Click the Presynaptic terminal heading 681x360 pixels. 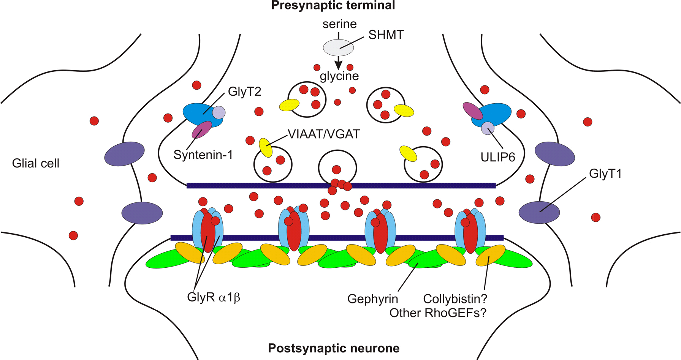333,6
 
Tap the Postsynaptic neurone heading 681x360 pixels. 334,348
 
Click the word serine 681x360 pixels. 339,24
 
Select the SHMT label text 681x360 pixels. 386,35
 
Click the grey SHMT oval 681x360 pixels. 338,48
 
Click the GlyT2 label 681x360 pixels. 244,92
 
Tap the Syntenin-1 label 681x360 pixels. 203,155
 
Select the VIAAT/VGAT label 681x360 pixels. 323,134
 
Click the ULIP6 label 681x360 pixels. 498,157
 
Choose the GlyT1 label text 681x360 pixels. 605,174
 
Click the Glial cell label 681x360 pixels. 36,163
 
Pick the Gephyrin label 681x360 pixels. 372,299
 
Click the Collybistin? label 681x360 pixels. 455,299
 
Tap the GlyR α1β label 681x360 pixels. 214,297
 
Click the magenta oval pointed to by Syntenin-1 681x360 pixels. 202,130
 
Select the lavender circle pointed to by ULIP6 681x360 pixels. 488,128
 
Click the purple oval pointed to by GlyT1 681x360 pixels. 539,212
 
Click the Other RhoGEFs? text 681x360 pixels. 438,313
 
